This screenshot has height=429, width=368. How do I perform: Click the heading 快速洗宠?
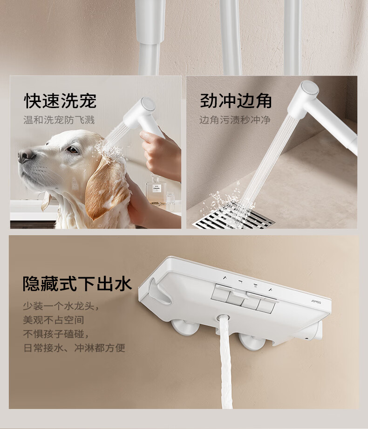click(x=60, y=101)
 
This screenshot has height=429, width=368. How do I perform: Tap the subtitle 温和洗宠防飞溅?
click(x=59, y=120)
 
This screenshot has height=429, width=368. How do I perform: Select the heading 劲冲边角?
click(x=236, y=101)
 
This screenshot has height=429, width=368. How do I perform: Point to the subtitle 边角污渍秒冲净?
click(x=235, y=120)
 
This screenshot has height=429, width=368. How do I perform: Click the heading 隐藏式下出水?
click(x=77, y=284)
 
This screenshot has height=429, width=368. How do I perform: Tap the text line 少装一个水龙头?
click(x=61, y=306)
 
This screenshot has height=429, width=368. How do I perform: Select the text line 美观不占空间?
click(x=54, y=320)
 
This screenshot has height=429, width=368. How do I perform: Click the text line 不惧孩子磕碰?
click(x=56, y=334)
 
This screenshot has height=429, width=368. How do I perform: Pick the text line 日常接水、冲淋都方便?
click(x=75, y=348)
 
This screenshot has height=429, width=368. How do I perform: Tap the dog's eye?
click(x=72, y=150)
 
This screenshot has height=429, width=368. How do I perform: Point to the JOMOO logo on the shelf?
click(x=316, y=301)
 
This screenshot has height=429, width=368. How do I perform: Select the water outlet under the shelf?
click(x=223, y=319)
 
